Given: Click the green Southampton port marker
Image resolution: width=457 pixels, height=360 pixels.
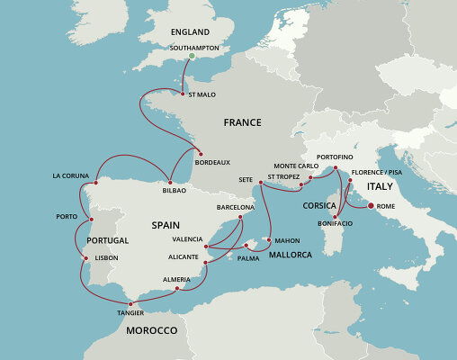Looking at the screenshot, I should [191, 58].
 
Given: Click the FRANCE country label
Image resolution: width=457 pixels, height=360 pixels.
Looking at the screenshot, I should [242, 121].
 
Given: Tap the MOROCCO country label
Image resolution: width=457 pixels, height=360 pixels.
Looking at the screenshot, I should [151, 331].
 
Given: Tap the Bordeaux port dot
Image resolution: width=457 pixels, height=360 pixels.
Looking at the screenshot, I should [198, 152].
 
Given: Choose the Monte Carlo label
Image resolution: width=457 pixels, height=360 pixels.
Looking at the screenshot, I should [296, 166].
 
